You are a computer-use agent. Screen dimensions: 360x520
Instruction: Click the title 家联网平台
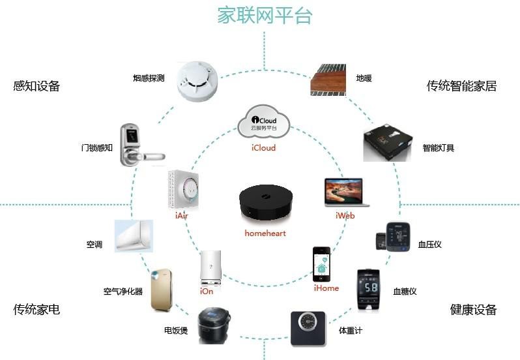click(265, 15)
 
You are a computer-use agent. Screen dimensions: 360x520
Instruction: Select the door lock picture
click(137, 146)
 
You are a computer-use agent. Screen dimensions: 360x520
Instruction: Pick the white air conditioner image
click(134, 236)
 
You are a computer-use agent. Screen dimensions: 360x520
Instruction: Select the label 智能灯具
click(438, 148)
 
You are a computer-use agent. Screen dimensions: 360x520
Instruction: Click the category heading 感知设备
click(36, 86)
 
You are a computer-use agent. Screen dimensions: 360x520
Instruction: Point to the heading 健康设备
click(473, 309)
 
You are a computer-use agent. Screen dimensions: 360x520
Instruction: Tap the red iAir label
click(183, 215)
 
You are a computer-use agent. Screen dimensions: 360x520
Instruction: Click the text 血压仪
click(429, 245)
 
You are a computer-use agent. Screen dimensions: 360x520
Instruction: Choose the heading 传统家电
click(36, 309)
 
